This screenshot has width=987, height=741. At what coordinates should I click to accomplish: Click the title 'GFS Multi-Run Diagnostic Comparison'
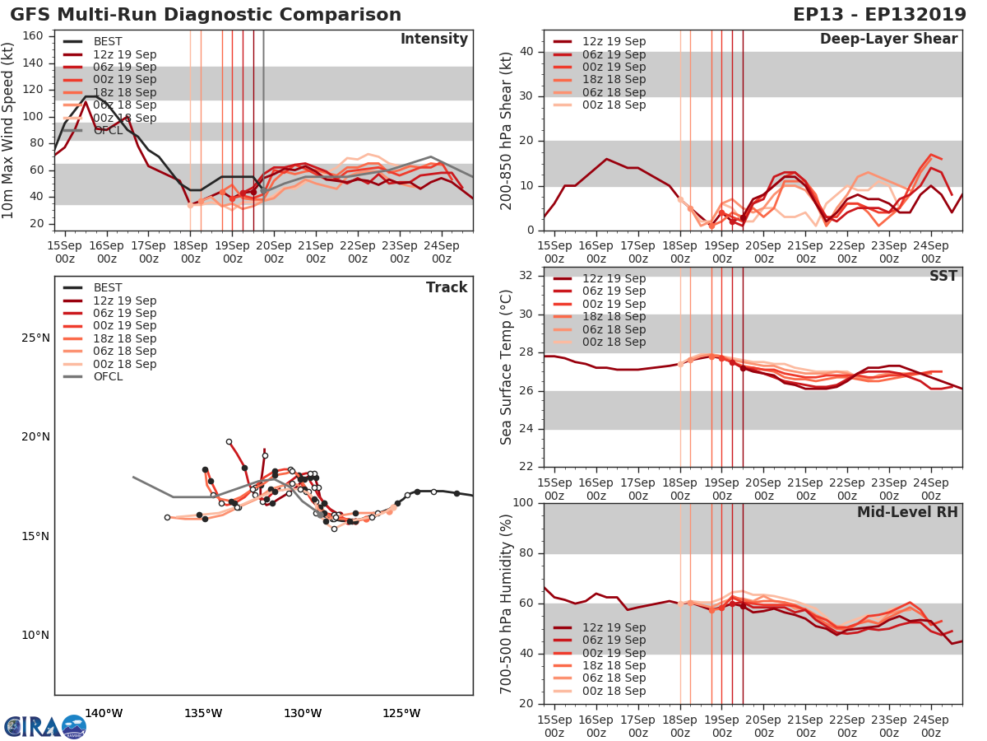click(206, 15)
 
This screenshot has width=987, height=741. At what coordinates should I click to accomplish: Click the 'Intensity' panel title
click(433, 40)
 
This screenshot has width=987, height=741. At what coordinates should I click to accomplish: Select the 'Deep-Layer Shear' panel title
click(888, 40)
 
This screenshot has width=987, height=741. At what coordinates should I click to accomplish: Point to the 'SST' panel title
click(943, 276)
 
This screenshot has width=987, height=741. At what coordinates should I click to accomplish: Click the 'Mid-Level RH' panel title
click(906, 512)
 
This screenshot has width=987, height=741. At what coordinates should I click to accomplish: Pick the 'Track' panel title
click(446, 287)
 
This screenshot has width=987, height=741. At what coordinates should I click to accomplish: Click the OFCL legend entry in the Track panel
click(108, 376)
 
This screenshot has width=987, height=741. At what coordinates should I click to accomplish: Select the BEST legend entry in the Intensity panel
click(108, 41)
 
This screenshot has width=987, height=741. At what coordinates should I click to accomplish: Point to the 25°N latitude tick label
click(35, 338)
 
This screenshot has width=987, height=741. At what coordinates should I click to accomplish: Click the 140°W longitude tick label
click(104, 713)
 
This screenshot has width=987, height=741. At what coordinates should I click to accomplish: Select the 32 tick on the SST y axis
click(526, 276)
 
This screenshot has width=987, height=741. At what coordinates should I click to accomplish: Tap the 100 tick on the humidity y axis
click(523, 503)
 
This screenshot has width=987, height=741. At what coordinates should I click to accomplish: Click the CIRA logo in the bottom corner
click(44, 726)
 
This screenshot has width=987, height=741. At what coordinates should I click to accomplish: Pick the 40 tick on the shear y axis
click(526, 51)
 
